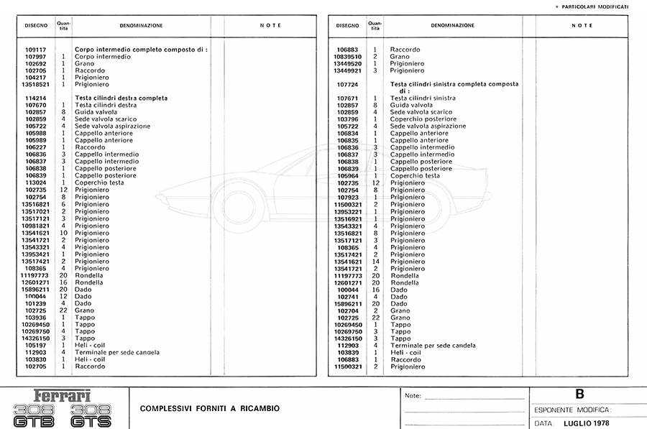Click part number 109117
coord(36,50)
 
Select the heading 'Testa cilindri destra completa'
coord(121,98)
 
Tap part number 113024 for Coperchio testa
coord(36,183)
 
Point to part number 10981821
coord(35,225)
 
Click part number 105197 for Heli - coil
coord(36,345)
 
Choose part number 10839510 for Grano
coord(348,57)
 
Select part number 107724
coord(348,84)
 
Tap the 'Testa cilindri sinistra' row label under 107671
coord(423,98)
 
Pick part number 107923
coord(348,197)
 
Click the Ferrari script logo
coord(63,396)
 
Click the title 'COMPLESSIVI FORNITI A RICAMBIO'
coord(210,409)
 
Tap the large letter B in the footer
coord(580,394)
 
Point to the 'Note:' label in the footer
coord(413,396)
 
